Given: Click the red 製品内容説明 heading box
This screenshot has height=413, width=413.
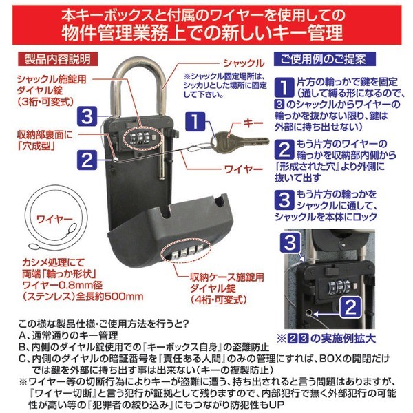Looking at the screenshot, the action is pos(58,59).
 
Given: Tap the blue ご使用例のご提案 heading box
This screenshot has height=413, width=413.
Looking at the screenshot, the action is pos(324,59).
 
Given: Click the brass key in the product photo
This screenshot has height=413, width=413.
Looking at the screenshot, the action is pos(241,142).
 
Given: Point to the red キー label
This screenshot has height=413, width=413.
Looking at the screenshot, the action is pos(253,123).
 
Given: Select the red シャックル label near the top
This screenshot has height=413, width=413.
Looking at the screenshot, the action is pos(244,63).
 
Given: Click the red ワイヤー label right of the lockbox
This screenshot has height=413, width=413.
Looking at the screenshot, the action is pos(244,169).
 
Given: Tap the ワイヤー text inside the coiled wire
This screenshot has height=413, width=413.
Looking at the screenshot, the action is pos(54,219).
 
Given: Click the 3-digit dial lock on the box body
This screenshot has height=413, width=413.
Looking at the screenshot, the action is pos(141,138).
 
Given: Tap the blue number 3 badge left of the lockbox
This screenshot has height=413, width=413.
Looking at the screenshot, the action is pos(87,116).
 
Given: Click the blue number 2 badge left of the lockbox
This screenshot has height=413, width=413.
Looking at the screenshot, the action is pos(87,160).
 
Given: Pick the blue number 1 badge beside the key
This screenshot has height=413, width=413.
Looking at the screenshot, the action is pos(195,121).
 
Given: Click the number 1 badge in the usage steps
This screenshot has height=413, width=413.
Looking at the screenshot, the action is pos(284,87).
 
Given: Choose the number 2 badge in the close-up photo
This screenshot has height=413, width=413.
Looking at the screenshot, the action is pos(350,307).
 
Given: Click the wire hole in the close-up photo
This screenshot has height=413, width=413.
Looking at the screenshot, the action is pos(308,313).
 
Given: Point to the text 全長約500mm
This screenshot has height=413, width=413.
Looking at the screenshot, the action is pos(109,297).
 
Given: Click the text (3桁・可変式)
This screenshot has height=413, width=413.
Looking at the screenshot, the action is pos(45,102).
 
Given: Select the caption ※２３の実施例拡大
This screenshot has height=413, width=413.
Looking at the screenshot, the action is pos(326,339).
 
